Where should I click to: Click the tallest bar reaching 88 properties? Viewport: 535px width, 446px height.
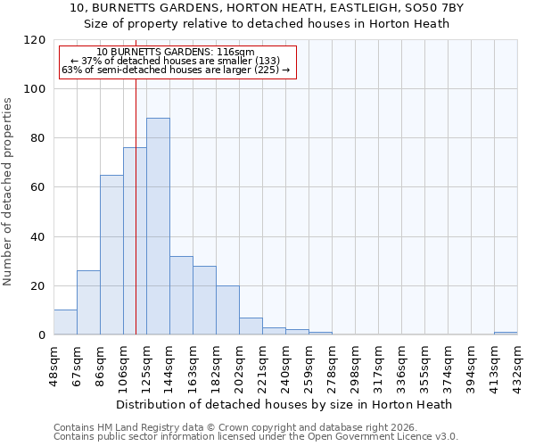click(x=158, y=227)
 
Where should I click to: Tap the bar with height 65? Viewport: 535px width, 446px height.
click(x=111, y=255)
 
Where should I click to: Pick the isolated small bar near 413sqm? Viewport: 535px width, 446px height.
click(x=506, y=333)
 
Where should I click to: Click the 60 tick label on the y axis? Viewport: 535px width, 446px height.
click(x=39, y=187)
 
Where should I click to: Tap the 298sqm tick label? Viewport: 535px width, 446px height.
click(x=355, y=363)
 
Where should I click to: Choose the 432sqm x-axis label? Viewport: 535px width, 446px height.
click(x=517, y=363)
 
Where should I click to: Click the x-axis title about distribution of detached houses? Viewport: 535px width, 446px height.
click(x=284, y=404)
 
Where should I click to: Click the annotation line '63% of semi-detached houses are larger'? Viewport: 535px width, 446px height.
click(x=176, y=70)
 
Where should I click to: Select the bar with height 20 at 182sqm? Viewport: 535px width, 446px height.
click(x=227, y=310)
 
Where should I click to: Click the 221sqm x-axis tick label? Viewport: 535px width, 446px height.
click(x=262, y=363)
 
